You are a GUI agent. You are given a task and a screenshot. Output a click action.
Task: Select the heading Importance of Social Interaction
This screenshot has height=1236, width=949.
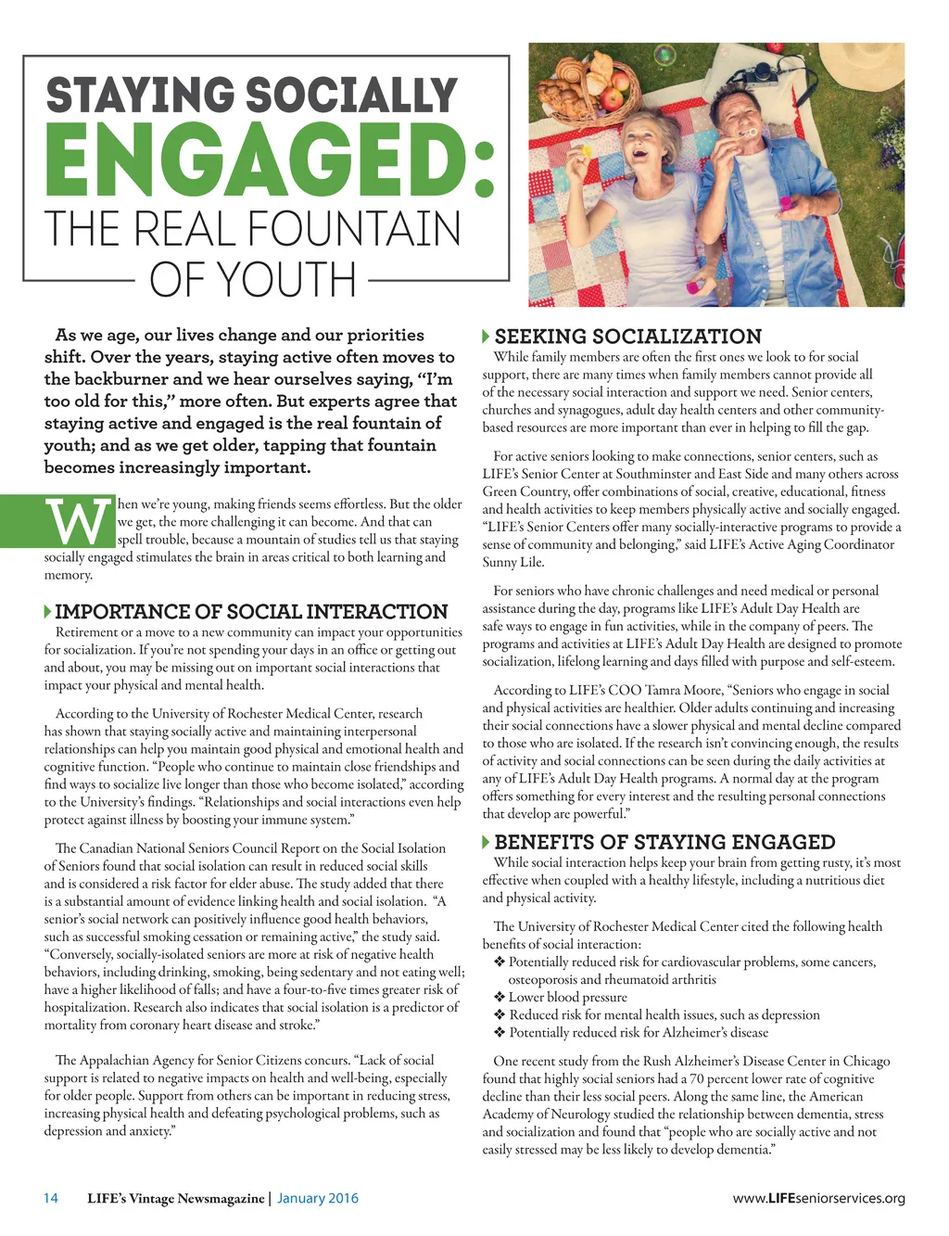point(251,612)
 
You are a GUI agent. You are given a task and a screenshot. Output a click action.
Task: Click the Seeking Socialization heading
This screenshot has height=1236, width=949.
point(627,337)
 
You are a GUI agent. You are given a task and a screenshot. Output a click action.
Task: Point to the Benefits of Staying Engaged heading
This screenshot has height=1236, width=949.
point(664,842)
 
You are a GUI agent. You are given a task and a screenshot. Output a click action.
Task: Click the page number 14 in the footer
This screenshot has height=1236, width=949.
point(51,1198)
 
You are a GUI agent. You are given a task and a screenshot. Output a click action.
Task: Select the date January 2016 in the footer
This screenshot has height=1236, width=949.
point(318,1198)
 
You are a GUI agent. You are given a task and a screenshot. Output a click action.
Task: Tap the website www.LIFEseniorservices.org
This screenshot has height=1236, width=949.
point(818,1198)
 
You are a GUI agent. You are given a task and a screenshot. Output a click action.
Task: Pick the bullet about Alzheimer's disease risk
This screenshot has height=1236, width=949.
point(639,1032)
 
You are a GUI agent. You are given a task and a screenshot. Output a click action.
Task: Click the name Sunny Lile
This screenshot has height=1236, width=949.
point(513,562)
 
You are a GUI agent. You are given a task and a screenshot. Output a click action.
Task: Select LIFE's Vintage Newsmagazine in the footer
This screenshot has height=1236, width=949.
point(175,1198)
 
